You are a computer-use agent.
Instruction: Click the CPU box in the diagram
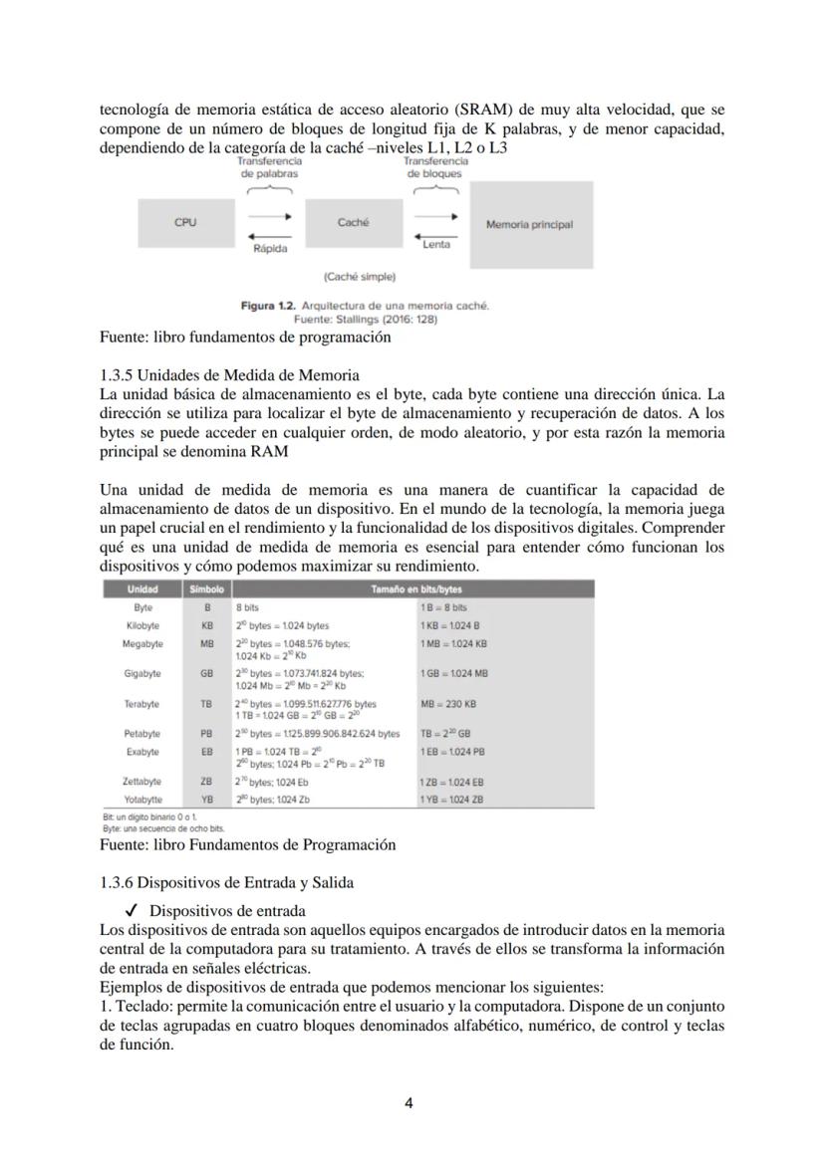[185, 223]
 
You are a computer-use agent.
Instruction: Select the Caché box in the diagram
[353, 223]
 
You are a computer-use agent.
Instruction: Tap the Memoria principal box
[529, 224]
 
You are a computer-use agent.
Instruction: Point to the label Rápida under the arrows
[270, 248]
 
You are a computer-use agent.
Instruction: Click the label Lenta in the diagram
[436, 244]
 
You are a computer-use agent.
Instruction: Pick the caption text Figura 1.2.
[268, 306]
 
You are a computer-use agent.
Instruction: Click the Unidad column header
[142, 589]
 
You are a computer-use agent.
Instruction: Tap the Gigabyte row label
[142, 674]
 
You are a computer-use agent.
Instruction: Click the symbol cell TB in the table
[207, 704]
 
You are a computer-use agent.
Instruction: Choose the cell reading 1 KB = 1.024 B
[450, 625]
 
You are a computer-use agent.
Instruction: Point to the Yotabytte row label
[142, 799]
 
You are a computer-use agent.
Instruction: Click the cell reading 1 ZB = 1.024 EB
[452, 782]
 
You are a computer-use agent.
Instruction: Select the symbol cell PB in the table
[207, 734]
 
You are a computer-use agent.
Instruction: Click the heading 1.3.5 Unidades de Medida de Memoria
[230, 375]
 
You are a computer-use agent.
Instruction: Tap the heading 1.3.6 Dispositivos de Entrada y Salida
[227, 882]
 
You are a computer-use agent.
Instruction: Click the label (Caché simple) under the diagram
[360, 276]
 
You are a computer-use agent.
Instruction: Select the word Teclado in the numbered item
[141, 1007]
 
